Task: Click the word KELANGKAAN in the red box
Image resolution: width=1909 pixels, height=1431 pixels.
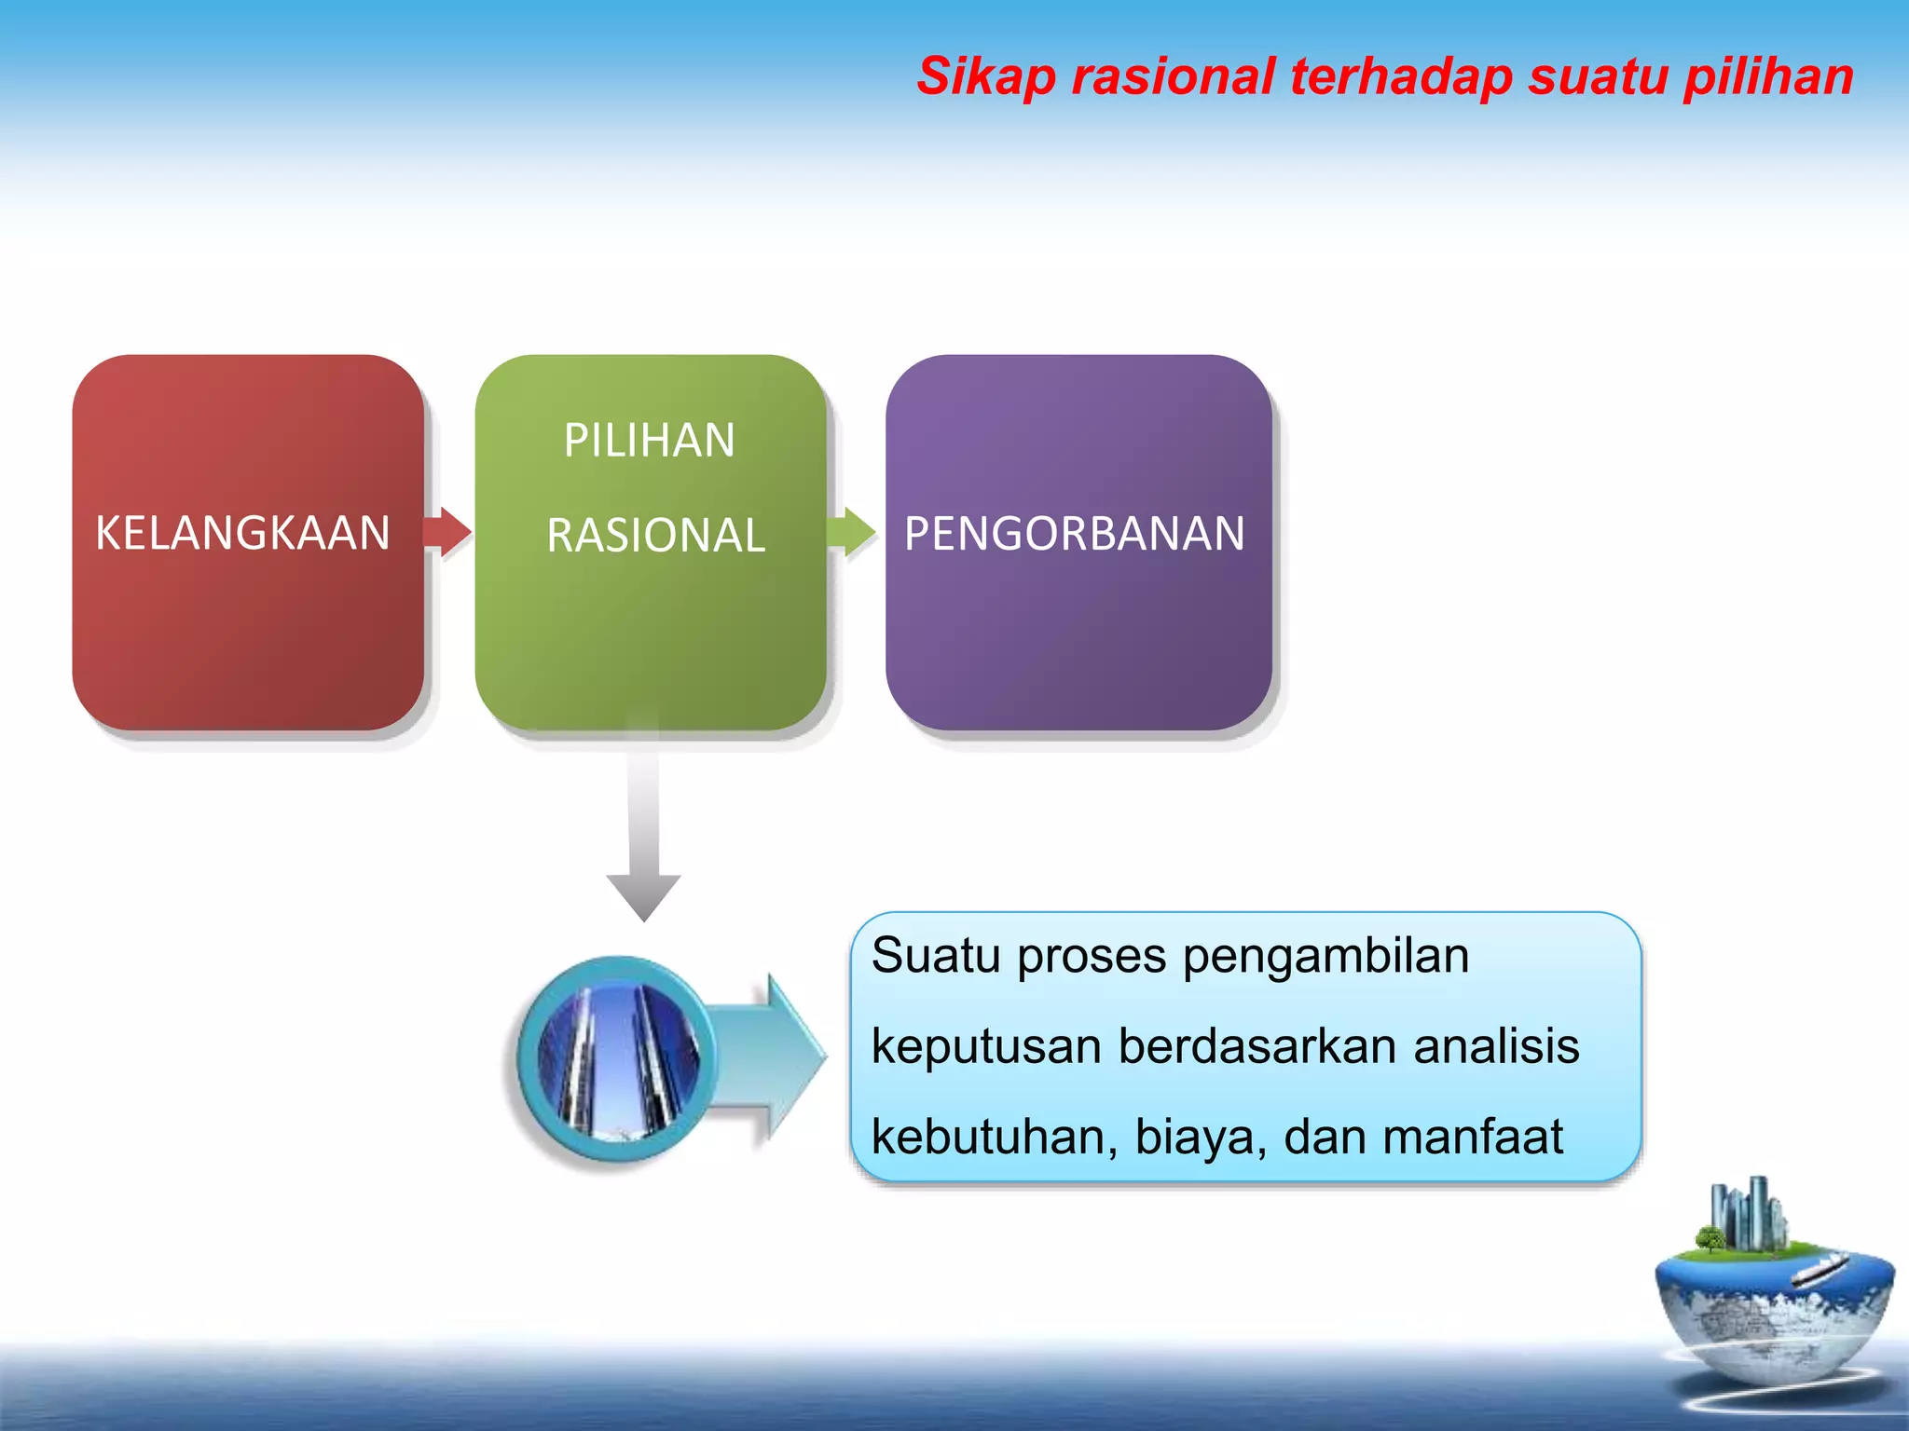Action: (242, 534)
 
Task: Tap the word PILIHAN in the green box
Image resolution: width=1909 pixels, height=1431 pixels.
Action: (650, 441)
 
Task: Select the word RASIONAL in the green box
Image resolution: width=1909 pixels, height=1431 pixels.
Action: (655, 536)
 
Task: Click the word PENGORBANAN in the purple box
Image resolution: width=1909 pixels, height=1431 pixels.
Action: (1074, 534)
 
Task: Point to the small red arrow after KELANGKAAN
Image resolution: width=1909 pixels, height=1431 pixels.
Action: (448, 532)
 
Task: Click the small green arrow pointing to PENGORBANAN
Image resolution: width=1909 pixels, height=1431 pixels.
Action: (852, 532)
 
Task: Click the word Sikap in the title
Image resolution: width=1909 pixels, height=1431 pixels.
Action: (985, 76)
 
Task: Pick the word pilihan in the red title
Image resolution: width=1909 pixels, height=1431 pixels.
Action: (1768, 76)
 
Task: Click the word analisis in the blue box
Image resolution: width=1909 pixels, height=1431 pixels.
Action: (1496, 1045)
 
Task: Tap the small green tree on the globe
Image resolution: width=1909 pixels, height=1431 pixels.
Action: (1710, 1239)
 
